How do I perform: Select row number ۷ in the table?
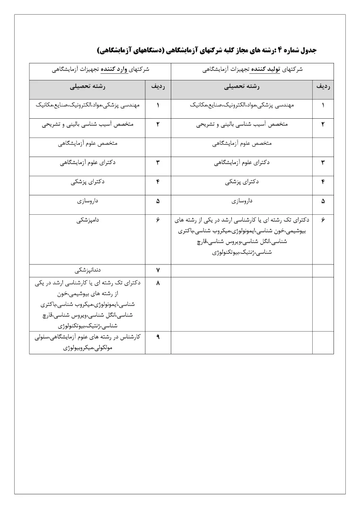pos(158,270)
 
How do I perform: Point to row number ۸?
pos(158,283)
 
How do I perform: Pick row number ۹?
pos(158,337)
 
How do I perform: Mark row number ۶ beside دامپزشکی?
pos(158,220)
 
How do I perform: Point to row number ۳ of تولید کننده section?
pos(323,162)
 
